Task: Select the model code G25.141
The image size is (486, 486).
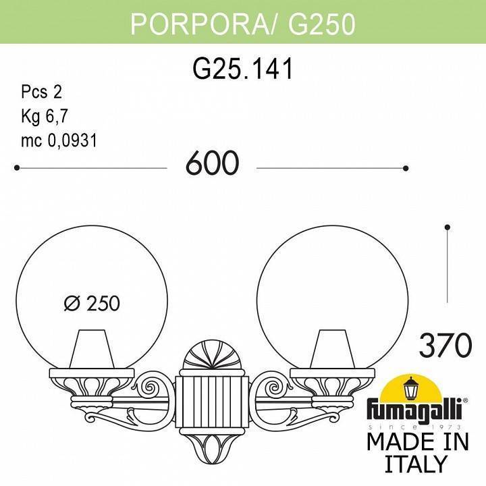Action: pos(243,68)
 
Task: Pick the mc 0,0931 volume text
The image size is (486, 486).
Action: pos(59,140)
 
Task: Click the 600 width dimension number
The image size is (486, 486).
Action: pos(212,163)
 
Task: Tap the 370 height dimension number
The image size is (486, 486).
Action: pos(445,346)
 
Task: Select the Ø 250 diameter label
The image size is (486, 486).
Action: pos(92,304)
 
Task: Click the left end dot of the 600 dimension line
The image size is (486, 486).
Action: pos(17,167)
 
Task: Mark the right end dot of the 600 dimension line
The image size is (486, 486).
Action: pos(406,167)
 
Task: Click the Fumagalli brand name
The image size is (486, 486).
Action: pos(414,411)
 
